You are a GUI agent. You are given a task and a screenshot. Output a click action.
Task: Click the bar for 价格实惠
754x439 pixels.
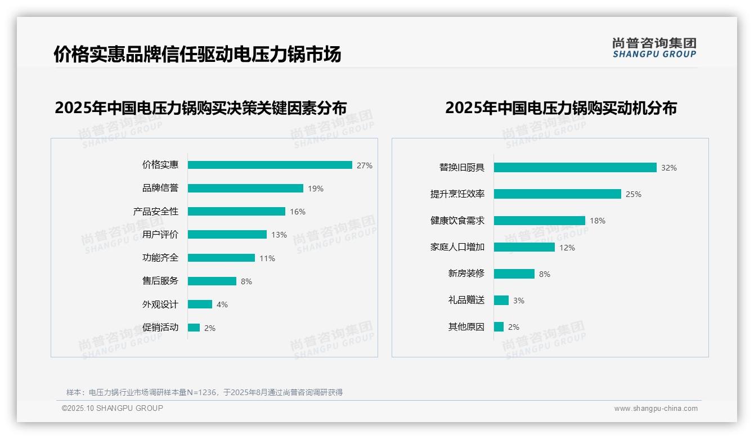tap(270, 165)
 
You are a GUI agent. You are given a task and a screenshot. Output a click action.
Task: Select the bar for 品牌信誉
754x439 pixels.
tap(245, 189)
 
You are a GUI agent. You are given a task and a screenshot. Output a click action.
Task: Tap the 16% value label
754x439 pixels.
tap(298, 212)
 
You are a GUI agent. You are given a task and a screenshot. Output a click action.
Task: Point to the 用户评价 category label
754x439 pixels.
tap(160, 235)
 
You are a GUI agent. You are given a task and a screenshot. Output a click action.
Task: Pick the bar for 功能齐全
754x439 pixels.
tap(221, 258)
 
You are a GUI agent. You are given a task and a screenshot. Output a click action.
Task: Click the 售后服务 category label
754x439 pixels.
tap(160, 281)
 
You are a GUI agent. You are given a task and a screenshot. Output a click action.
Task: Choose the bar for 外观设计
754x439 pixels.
tap(200, 304)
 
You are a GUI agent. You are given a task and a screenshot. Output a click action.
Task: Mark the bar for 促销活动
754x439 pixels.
tap(194, 328)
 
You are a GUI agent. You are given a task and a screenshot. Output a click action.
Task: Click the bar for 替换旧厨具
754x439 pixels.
tap(575, 168)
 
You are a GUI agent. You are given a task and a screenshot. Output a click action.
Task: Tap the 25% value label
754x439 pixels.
tap(634, 194)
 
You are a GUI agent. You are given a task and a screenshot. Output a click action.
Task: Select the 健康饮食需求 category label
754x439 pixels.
tap(457, 221)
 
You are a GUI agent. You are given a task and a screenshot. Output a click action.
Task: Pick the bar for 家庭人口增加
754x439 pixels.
tap(524, 247)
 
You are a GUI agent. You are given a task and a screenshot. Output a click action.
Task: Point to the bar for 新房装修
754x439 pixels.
tap(514, 274)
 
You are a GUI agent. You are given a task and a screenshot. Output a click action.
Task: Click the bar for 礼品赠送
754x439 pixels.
tap(501, 300)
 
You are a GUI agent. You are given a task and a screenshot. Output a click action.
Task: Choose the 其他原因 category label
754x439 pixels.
tap(466, 326)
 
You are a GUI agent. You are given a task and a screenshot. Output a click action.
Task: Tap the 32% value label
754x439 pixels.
tap(669, 168)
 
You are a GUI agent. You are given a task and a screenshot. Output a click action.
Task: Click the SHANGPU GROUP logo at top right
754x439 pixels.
tap(654, 48)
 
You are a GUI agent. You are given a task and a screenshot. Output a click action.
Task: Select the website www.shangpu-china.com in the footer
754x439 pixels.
tap(656, 409)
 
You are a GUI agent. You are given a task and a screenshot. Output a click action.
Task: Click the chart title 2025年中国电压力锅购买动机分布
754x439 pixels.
tap(560, 107)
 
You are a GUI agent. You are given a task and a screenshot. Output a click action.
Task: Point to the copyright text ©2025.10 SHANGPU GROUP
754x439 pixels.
tap(113, 408)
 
